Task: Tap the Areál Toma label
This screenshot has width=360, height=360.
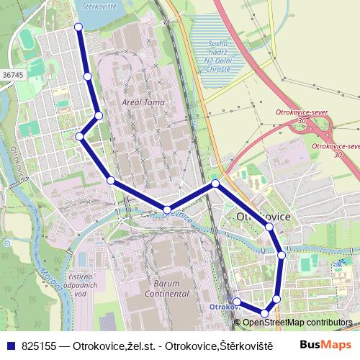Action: pos(144,103)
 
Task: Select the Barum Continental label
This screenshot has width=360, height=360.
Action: pos(167,289)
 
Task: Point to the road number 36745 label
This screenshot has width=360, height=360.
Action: pos(13,74)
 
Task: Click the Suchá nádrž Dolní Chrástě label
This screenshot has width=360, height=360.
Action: pos(219,56)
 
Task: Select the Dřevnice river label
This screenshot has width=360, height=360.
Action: pos(178,213)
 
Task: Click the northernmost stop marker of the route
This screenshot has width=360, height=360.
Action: pos(78,27)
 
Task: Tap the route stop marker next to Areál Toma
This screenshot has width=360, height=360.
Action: pos(99,115)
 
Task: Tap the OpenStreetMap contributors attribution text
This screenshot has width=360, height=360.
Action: pos(297,322)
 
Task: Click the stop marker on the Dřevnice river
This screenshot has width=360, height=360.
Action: pos(166,210)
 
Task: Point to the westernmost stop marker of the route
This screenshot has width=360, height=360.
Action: pos(80,135)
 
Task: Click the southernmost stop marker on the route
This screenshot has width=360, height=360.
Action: pos(265,314)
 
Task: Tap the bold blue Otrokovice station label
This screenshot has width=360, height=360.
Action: pos(224,306)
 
